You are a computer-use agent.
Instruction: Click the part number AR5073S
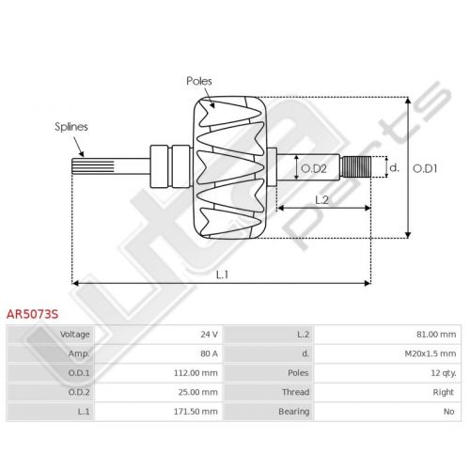(x=32, y=314)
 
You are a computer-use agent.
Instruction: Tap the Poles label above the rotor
(x=199, y=81)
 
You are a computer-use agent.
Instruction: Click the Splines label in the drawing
(x=71, y=127)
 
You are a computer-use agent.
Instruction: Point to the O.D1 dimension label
(x=425, y=168)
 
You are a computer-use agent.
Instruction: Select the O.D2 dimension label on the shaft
(x=314, y=168)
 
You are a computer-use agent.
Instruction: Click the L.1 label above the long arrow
(x=222, y=274)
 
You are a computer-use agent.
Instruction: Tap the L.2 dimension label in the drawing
(x=321, y=199)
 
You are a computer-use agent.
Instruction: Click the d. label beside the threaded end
(x=394, y=167)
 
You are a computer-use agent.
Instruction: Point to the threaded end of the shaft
(x=356, y=166)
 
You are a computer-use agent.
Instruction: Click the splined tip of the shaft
(x=93, y=166)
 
